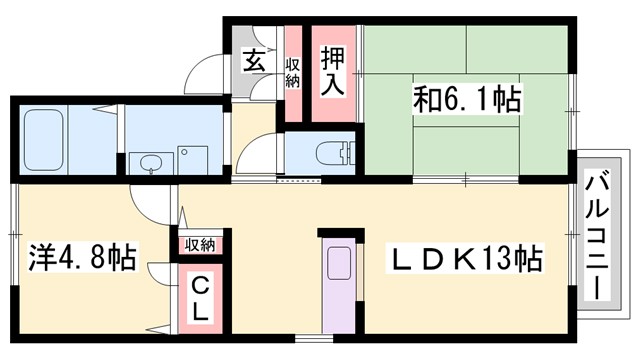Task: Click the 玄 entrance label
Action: point(254,60)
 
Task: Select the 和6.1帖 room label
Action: point(468,100)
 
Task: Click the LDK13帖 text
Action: point(465,262)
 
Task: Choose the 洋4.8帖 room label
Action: point(69,256)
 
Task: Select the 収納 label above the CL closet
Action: point(200,245)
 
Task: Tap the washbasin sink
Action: point(151,163)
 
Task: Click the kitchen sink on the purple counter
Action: point(337,263)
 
